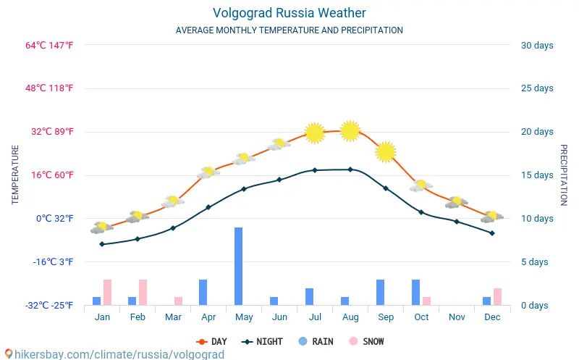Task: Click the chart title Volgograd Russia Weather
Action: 289,13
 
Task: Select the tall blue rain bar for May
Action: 238,266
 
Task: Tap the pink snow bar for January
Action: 107,292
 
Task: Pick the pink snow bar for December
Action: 497,296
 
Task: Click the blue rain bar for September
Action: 380,292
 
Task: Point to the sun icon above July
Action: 314,133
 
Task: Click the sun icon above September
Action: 386,151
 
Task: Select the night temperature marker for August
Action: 350,169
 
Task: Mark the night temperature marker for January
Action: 102,244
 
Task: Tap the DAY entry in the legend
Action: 211,341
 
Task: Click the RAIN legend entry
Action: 316,341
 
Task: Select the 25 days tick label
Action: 537,88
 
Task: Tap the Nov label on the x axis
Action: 457,317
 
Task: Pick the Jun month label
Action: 279,317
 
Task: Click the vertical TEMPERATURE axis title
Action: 15,175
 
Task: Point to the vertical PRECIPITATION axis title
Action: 564,175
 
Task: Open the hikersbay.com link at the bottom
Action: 116,354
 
